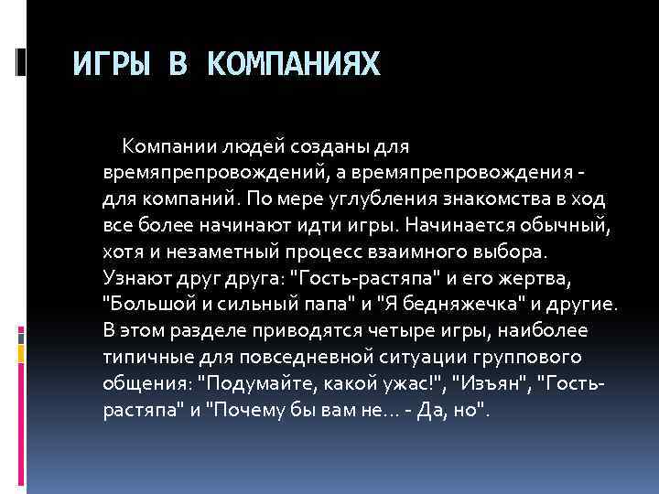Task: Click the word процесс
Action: point(323,251)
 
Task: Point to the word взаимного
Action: point(415,251)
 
